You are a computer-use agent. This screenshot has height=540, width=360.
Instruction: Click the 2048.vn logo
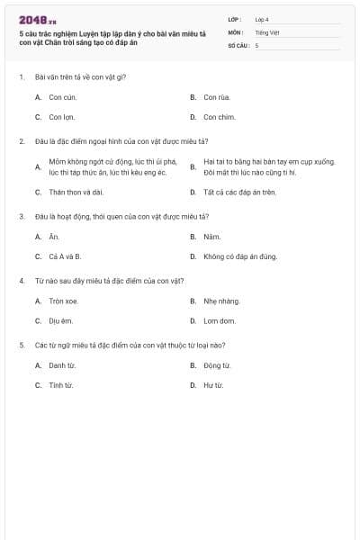37,19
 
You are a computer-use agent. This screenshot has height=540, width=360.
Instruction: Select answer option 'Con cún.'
62,96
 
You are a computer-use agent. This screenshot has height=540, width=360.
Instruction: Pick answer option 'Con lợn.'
62,117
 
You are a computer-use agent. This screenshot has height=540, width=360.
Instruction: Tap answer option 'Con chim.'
218,117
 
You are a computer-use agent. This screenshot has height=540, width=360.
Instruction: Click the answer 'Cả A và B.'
65,256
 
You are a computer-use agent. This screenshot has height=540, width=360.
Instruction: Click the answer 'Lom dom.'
219,320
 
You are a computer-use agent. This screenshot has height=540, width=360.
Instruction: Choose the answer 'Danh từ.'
62,365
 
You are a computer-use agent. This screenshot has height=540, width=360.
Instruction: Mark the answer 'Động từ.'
217,365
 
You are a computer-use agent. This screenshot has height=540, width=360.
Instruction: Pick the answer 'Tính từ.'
61,385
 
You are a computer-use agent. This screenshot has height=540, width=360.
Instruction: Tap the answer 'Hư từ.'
213,385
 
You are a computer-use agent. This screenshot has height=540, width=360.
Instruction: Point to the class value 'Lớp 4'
261,19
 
